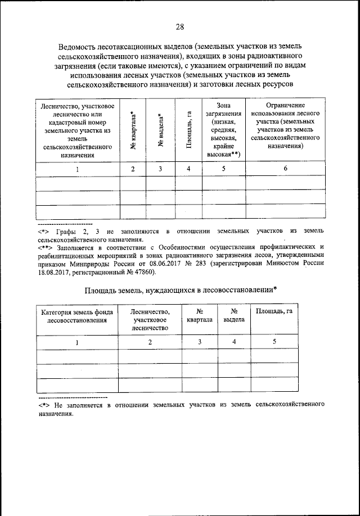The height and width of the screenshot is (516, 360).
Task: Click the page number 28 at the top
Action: (179, 27)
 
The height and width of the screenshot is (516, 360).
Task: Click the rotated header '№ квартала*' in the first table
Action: (133, 130)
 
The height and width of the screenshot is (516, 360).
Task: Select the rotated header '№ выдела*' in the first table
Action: (160, 130)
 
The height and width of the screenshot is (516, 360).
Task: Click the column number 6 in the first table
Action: (285, 169)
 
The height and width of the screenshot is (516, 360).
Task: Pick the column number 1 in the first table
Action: (77, 169)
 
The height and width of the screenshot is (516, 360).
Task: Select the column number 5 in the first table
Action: (223, 169)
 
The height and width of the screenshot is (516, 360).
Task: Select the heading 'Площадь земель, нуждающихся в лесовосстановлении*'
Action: (180, 289)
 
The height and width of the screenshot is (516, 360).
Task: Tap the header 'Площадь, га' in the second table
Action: (274, 311)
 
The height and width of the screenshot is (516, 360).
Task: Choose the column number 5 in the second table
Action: (274, 342)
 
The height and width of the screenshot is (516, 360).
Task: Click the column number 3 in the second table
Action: (199, 342)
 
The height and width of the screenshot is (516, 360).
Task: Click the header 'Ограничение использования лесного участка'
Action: (285, 125)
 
